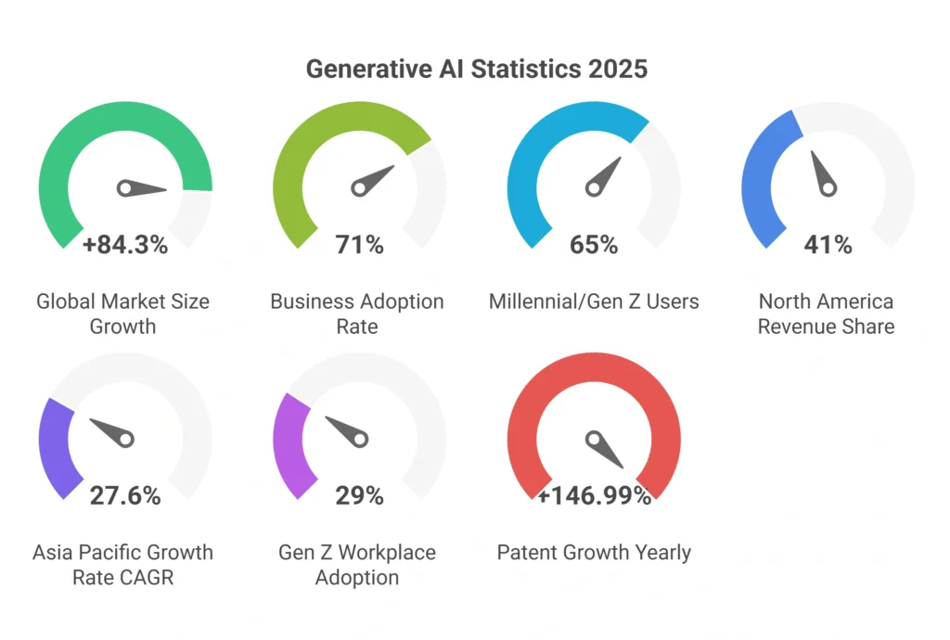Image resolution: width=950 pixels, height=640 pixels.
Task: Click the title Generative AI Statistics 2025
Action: (x=476, y=70)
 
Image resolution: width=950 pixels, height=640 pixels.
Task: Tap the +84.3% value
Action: (x=125, y=245)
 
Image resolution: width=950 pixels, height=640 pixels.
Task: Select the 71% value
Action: (x=359, y=245)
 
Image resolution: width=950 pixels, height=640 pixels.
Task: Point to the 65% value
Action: (x=594, y=245)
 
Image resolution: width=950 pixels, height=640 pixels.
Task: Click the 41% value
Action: (x=828, y=245)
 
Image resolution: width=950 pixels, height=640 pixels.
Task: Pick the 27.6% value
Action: (x=125, y=495)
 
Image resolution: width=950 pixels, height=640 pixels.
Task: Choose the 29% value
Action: (x=359, y=495)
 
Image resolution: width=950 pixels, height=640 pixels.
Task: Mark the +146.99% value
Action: (x=594, y=495)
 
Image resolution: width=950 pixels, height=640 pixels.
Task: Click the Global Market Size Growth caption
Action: (x=122, y=314)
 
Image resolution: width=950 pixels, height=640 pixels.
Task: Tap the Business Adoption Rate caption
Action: (x=357, y=314)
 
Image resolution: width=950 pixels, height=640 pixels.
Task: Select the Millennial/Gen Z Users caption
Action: (x=594, y=301)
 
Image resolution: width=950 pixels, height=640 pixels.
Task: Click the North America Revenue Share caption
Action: (x=826, y=314)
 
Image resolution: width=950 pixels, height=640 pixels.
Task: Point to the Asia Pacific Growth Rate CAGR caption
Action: (x=122, y=564)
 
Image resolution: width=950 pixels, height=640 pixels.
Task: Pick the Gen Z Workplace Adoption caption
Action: (x=357, y=564)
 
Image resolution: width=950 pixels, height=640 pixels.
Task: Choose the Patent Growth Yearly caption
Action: (x=594, y=553)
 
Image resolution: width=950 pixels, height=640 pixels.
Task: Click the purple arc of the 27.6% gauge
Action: (x=49, y=445)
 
